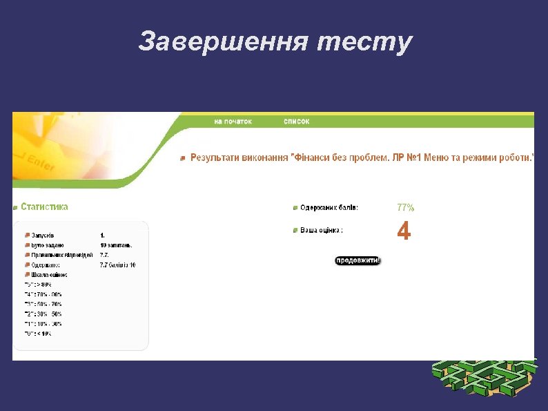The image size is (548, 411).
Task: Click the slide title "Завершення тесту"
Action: (x=275, y=42)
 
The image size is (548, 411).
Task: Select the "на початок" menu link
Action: (x=233, y=122)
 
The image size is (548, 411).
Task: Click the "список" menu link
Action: (x=297, y=122)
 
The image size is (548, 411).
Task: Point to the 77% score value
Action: (x=406, y=207)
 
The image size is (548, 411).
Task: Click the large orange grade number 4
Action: (x=404, y=231)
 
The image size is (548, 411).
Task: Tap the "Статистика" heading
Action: (x=44, y=207)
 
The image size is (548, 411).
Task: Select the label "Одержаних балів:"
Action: (x=329, y=207)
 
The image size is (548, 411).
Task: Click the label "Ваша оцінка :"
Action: (x=322, y=230)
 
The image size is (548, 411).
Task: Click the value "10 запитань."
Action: (x=116, y=245)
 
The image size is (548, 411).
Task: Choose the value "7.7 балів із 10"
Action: (x=118, y=265)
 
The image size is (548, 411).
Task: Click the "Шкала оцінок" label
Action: (x=49, y=274)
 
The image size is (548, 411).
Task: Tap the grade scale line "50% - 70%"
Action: (x=43, y=303)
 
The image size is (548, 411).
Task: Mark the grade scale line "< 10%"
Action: (x=39, y=333)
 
